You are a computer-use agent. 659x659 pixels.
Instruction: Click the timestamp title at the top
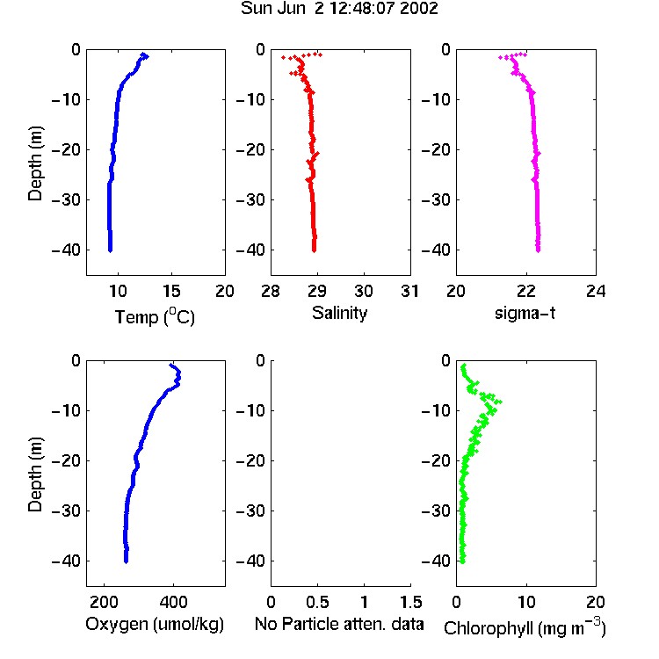[339, 9]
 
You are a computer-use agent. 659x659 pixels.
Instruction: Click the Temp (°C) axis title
[155, 316]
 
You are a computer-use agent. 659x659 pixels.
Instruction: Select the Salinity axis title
[339, 313]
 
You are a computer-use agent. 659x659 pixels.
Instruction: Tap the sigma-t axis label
[525, 313]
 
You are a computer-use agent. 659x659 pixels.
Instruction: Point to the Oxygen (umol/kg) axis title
[155, 624]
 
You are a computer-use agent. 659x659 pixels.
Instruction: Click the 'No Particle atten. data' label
[339, 624]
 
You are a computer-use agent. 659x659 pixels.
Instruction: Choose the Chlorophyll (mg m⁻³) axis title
[525, 627]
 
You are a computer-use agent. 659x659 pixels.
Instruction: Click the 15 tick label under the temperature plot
[171, 291]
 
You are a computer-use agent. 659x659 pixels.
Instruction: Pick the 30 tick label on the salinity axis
[364, 291]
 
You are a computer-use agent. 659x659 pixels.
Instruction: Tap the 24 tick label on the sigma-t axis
[596, 291]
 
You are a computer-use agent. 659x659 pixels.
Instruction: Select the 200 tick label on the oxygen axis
[104, 602]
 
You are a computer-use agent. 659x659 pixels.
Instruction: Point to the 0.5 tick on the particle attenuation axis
[317, 602]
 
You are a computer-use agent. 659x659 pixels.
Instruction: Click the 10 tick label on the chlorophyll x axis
[526, 602]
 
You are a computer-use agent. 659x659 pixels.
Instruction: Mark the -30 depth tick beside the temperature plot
[66, 199]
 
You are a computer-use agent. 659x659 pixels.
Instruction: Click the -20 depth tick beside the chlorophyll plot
[436, 460]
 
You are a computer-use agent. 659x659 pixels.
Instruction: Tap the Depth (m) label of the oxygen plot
[35, 474]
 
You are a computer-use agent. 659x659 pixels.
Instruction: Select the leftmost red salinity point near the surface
[283, 57]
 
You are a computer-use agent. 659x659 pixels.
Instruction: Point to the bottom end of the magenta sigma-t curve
[538, 250]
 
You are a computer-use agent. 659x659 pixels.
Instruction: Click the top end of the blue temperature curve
[144, 54]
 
